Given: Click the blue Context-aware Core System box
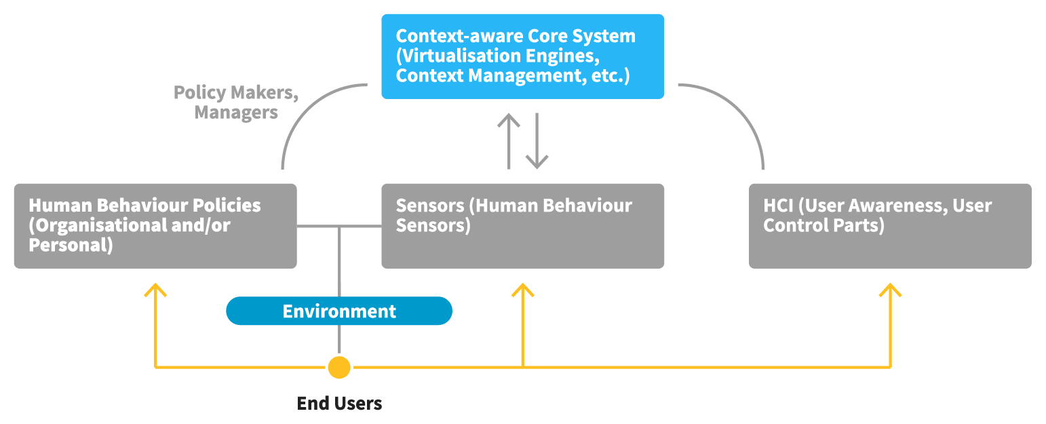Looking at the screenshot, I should point(522,56).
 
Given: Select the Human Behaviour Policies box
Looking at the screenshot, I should point(155,226).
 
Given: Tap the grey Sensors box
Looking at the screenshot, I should point(522,226).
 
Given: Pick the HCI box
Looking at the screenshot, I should point(890,226).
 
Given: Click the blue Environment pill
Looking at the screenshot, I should point(339,311).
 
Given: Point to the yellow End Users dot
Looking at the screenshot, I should point(339,367).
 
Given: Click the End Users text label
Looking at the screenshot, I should point(339,404).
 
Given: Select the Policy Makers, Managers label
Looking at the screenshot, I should point(236,102).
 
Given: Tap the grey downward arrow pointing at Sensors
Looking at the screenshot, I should point(537,142).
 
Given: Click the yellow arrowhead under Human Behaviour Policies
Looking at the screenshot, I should point(155,290).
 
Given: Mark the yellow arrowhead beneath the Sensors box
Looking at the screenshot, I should point(522,290).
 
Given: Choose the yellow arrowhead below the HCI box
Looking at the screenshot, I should point(890,290).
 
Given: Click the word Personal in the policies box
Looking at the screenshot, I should point(69,245).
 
